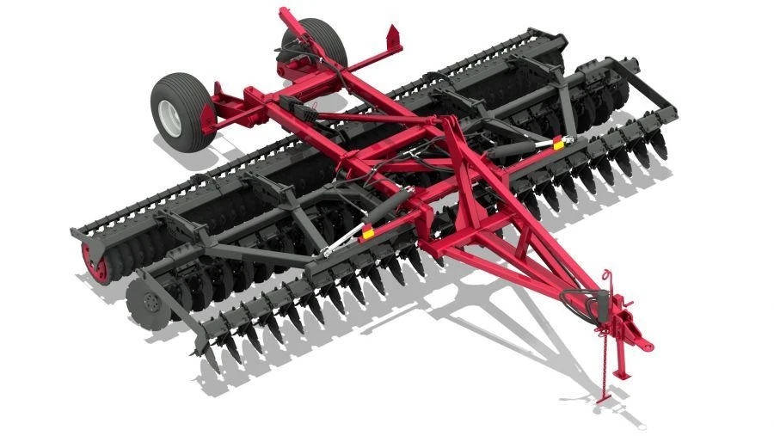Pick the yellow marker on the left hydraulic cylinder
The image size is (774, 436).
(x=367, y=230)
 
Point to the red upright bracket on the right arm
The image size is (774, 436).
(x=395, y=39)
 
